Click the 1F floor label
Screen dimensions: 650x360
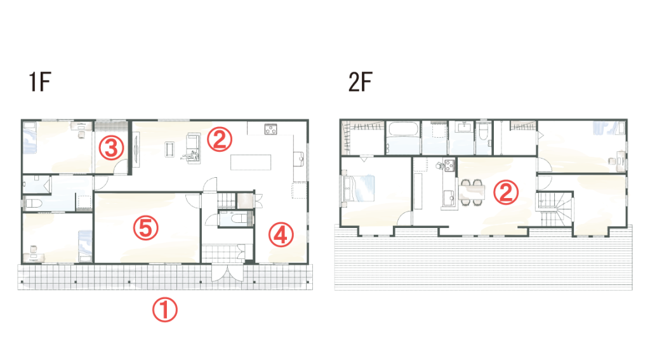click(x=40, y=82)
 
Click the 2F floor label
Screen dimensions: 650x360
click(x=361, y=82)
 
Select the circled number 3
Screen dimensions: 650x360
click(x=112, y=148)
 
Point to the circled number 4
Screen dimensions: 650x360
click(x=281, y=234)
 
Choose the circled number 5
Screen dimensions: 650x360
click(x=145, y=227)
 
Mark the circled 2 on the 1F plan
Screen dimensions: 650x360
click(x=219, y=139)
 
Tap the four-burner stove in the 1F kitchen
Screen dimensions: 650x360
click(x=270, y=130)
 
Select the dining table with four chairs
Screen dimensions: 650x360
click(x=472, y=192)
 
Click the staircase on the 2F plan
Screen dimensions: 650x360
click(x=555, y=209)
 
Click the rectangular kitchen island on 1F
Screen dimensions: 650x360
click(x=251, y=162)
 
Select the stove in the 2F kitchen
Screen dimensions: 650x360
click(x=450, y=166)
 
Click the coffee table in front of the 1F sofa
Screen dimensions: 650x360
click(x=169, y=149)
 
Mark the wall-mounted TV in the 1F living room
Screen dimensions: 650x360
click(x=136, y=149)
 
